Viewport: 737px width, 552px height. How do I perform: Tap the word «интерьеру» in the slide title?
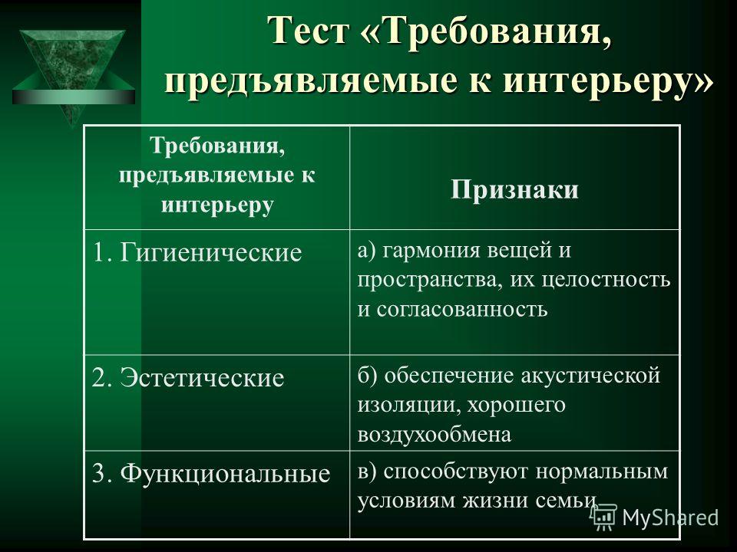coord(594,80)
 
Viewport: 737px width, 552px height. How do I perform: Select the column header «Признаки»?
coord(514,189)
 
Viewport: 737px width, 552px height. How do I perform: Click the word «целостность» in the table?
coord(606,281)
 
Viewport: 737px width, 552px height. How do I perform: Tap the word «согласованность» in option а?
coord(462,309)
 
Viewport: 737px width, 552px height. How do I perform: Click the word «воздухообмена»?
coord(435,435)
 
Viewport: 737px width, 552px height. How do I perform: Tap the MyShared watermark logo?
coord(655,517)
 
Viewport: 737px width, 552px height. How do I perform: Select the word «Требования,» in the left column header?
coord(217,146)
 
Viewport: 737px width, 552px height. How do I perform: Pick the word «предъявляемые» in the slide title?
coord(311,80)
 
